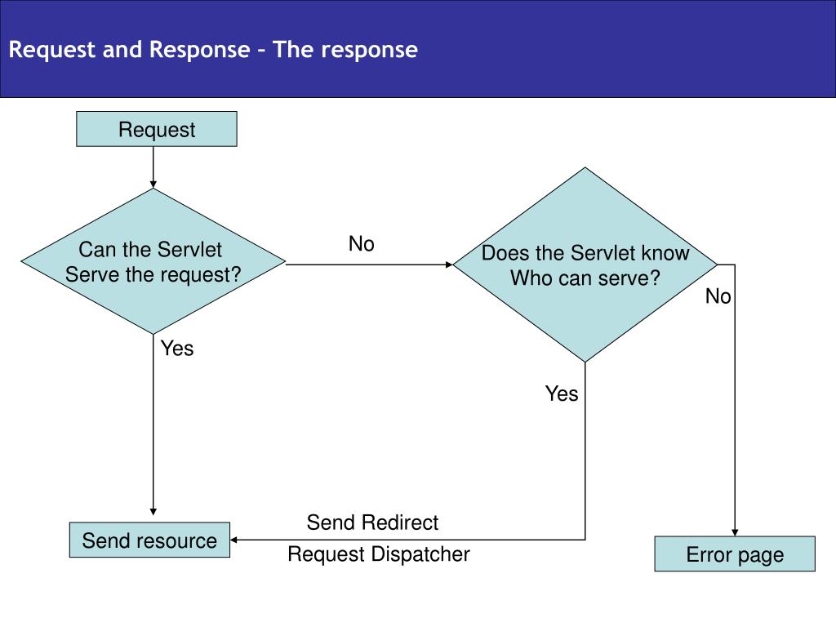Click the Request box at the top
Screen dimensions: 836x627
(156, 129)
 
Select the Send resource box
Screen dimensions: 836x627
(149, 540)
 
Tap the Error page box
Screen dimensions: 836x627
(735, 554)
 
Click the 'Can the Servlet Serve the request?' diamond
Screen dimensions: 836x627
(153, 261)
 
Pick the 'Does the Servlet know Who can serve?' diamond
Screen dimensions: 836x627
(585, 265)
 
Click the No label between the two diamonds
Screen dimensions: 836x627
(362, 243)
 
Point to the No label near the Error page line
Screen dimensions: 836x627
(718, 296)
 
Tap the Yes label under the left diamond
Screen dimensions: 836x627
(177, 348)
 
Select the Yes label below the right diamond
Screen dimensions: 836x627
(562, 394)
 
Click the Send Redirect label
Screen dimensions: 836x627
(372, 522)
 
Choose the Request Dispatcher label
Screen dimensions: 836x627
(379, 554)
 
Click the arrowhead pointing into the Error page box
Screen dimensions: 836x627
(735, 532)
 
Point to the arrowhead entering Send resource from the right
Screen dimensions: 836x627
(233, 540)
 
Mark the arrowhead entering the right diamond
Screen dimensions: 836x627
(449, 265)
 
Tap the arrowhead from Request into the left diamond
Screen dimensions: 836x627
(153, 185)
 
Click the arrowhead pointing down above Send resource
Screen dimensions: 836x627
(153, 512)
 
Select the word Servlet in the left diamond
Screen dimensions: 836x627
(189, 250)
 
